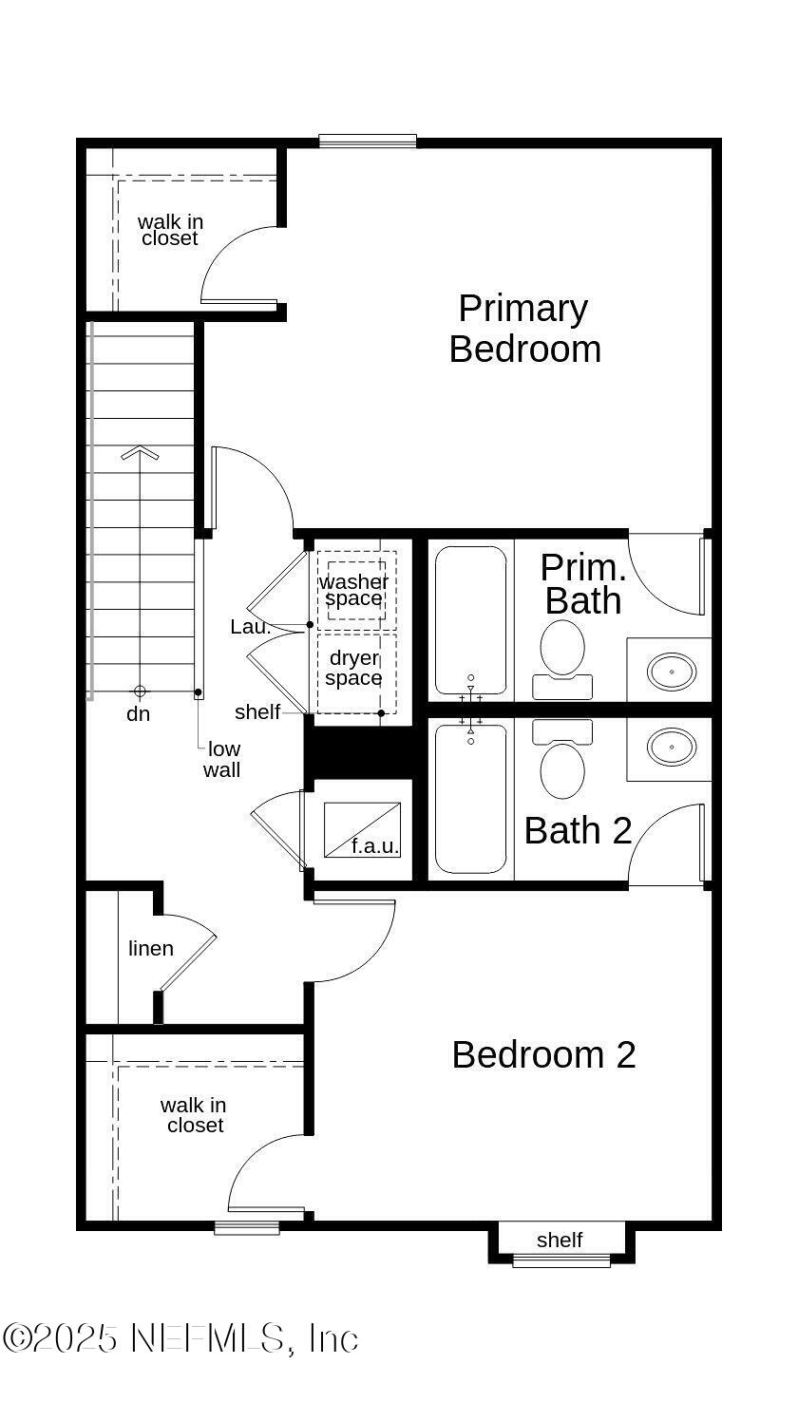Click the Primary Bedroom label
click(x=524, y=329)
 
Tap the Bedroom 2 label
click(x=543, y=1054)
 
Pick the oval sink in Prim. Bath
click(x=672, y=672)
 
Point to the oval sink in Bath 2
click(x=672, y=748)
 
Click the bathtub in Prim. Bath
click(x=470, y=619)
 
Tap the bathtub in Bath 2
click(x=470, y=798)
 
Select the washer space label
click(x=353, y=590)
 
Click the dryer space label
click(x=353, y=668)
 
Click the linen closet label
click(x=151, y=948)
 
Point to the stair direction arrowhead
click(x=140, y=452)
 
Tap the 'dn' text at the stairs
click(x=139, y=714)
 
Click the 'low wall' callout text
click(x=222, y=760)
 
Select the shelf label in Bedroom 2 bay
click(x=560, y=1240)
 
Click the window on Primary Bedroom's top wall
click(x=368, y=142)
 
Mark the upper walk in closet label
click(x=170, y=230)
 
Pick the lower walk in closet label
click(x=194, y=1115)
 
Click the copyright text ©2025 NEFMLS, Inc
click(x=180, y=1338)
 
